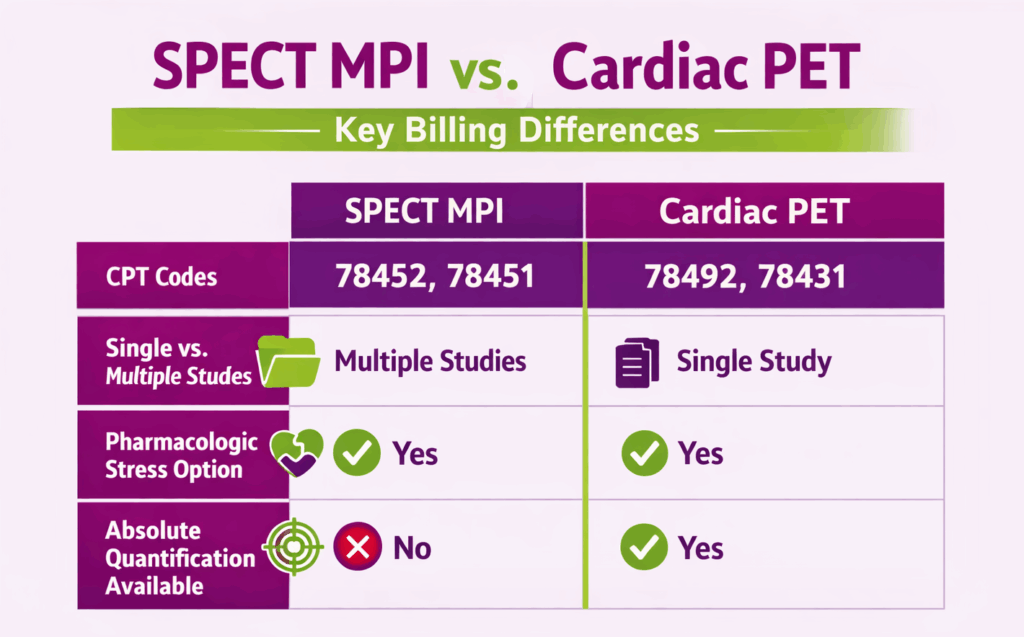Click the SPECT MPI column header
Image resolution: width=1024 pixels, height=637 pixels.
point(436,212)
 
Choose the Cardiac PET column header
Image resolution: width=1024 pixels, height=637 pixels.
point(763,212)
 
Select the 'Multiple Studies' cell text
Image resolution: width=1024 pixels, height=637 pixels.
point(430,360)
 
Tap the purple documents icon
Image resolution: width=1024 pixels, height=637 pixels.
point(637,361)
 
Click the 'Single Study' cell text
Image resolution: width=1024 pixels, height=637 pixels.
point(754,361)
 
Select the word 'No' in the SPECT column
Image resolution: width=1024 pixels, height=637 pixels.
point(412,548)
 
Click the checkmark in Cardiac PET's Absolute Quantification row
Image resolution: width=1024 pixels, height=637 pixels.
point(643,548)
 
